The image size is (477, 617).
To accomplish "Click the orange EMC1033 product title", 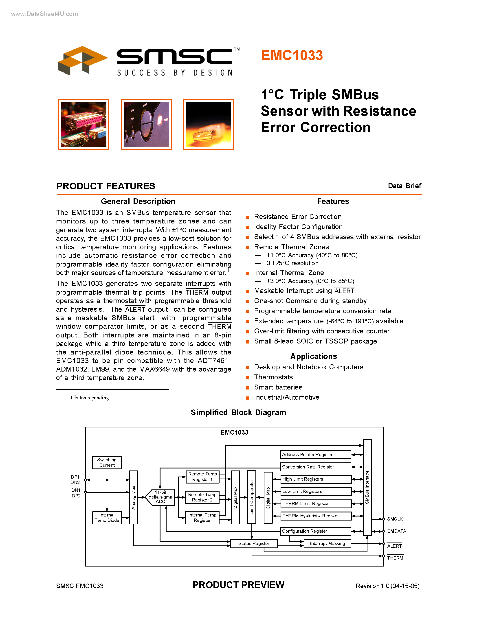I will (x=292, y=55).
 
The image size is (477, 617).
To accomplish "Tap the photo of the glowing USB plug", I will (x=208, y=125).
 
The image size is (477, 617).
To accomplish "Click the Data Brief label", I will (x=404, y=186).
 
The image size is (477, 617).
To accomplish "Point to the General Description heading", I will (x=138, y=201).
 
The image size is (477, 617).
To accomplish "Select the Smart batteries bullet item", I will (x=278, y=387).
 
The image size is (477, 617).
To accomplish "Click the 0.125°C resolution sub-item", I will (x=292, y=263).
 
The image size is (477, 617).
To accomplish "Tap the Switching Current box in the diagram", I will (x=107, y=462).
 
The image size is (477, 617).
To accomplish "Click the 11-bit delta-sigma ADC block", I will (x=160, y=497).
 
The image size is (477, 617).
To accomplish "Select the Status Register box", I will (x=253, y=544).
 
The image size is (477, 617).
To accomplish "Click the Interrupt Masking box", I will (x=327, y=544).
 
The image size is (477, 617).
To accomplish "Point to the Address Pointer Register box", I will (x=315, y=455).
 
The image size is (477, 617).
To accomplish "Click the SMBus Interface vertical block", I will (x=367, y=487).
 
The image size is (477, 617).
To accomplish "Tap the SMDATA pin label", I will (x=396, y=531).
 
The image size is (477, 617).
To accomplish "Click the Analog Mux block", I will (x=133, y=497).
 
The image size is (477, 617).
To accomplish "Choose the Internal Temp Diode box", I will (x=107, y=518).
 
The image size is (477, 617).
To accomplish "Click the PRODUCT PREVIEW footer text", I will (x=238, y=585).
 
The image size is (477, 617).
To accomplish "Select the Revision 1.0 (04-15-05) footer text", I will (x=387, y=586).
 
